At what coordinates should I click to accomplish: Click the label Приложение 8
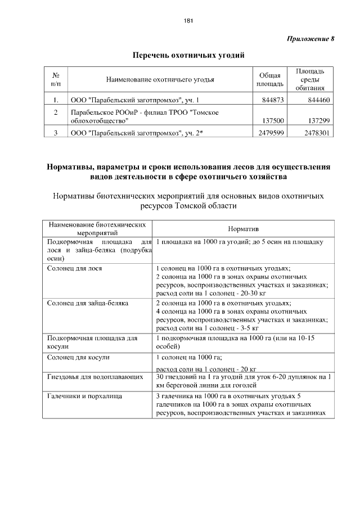[x=310, y=39]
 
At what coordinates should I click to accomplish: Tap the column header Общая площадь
[x=269, y=80]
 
